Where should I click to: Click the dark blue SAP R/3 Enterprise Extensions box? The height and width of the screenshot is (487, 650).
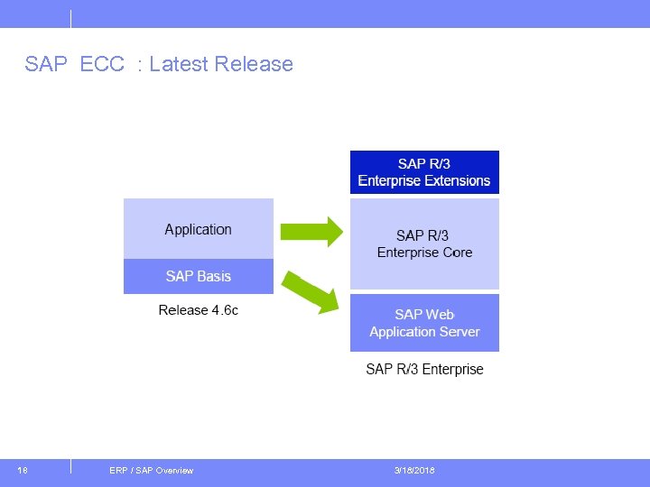424,171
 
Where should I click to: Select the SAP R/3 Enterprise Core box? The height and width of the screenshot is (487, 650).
424,243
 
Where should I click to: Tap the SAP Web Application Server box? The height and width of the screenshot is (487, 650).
424,323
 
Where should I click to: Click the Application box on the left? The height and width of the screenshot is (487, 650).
198,229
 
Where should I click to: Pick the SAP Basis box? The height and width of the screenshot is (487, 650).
198,276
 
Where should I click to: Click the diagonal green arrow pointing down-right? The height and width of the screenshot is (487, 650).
311,290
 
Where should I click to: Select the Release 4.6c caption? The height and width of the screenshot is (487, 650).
198,310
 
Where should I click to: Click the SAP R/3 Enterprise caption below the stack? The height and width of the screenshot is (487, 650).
424,369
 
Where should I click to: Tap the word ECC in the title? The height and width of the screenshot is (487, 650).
102,64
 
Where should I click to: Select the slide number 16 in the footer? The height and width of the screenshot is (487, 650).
23,471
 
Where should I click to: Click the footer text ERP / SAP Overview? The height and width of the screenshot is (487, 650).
151,471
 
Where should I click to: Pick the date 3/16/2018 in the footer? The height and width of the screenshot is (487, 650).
414,471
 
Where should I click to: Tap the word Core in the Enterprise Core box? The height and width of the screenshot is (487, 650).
456,253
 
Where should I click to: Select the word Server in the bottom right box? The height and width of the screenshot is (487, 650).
459,332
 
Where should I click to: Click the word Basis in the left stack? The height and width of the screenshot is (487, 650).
215,276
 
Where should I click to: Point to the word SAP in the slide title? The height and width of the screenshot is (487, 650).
45,64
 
